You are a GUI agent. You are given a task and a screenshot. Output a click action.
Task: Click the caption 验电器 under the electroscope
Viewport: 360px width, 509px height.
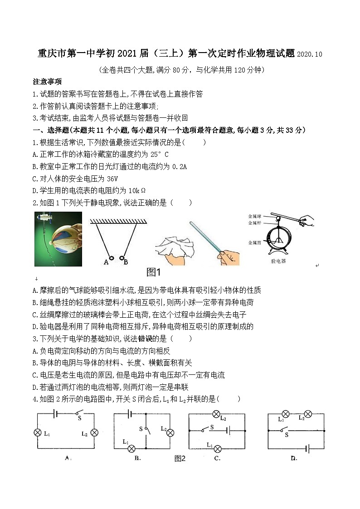point(279,262)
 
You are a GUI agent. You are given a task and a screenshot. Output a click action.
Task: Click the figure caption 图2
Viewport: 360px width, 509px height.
point(180,458)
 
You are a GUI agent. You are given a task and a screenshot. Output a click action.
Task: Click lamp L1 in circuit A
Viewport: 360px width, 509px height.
point(38,432)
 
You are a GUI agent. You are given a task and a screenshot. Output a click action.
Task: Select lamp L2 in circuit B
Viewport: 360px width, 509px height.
point(170,433)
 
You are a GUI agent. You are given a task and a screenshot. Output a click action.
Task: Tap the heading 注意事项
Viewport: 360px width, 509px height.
point(47,82)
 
